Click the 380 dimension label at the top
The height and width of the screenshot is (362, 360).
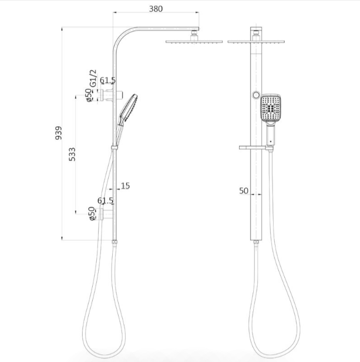[x=156, y=9]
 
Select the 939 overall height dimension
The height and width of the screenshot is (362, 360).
[x=59, y=133]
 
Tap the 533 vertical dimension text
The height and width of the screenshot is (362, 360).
[x=72, y=154]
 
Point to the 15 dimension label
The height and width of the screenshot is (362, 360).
[x=125, y=186]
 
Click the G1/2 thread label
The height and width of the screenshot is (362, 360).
[x=93, y=78]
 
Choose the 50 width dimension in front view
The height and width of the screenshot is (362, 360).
[x=244, y=191]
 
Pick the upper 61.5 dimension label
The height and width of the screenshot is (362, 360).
[x=107, y=81]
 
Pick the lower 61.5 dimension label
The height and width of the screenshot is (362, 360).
[x=105, y=200]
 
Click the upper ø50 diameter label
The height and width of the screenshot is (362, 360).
[x=88, y=95]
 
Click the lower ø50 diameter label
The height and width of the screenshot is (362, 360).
[x=92, y=213]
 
